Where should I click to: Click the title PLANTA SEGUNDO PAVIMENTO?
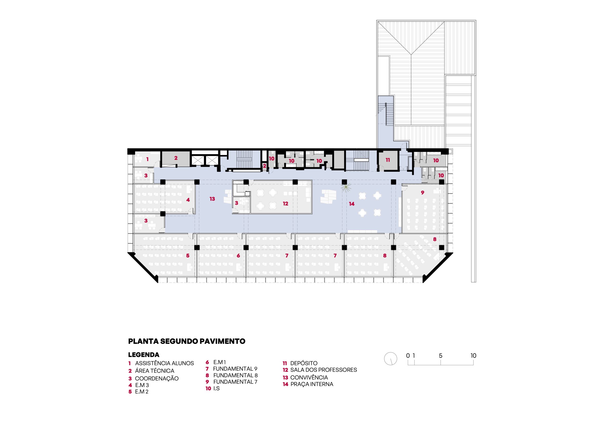pos(186,341)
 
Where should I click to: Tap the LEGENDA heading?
pos(144,355)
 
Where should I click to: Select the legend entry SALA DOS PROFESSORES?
pos(324,370)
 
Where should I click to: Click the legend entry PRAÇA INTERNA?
pos(312,384)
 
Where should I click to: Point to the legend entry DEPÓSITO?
pos(304,363)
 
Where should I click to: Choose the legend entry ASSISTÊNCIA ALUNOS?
pos(164,363)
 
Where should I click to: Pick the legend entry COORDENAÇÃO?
pos(157,378)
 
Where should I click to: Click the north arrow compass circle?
pos(390,359)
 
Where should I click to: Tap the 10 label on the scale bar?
pos(473,356)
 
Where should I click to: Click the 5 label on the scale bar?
pos(441,356)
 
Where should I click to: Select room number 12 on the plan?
pos(285,204)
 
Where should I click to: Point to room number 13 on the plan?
pos(212,199)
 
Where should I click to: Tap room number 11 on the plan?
pos(388,160)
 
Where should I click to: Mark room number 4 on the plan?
pos(188,200)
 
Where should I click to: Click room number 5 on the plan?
pos(188,256)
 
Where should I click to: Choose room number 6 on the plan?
pos(238,256)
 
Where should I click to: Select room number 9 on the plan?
pos(423,192)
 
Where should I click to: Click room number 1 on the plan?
pos(147,159)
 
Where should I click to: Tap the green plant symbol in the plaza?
pos(346,187)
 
